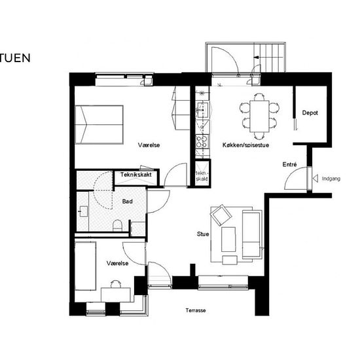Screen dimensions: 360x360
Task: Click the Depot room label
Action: point(310,113)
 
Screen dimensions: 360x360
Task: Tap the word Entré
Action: point(289,164)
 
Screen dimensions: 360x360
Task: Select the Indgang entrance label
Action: point(331,179)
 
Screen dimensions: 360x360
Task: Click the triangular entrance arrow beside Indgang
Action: point(315,179)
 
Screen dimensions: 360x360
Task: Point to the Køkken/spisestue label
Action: point(245,145)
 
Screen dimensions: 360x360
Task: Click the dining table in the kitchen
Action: point(259,116)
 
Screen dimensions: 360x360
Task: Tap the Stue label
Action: point(203,234)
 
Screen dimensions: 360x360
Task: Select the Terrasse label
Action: point(196,310)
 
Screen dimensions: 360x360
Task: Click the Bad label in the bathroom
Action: point(128,202)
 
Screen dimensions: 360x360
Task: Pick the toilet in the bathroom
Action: point(118,225)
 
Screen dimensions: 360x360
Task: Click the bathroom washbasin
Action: point(84,211)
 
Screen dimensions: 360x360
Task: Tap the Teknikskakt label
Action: point(136,175)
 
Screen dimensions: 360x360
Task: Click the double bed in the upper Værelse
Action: point(99,124)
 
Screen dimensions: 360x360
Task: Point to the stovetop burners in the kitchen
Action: point(202,141)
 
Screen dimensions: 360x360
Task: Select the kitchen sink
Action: point(202,110)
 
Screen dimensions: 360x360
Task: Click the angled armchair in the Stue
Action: point(221,215)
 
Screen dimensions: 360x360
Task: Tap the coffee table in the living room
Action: point(228,239)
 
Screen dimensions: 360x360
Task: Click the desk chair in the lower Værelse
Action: point(116,284)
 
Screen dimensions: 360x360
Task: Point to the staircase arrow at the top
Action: point(257,58)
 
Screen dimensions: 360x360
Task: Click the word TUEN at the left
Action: point(15,58)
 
